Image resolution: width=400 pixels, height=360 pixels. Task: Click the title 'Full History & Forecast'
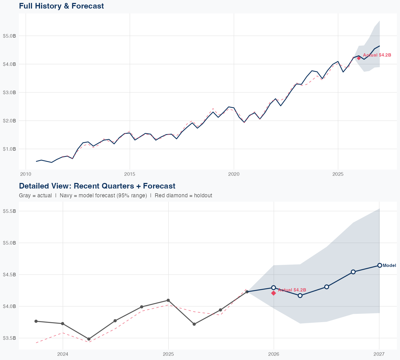(61, 6)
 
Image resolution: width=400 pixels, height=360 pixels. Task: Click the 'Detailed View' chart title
(97, 186)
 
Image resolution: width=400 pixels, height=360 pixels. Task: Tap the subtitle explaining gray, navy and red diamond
(115, 195)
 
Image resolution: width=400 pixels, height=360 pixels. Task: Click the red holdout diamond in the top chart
(359, 58)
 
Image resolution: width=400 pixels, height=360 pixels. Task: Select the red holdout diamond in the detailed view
(273, 293)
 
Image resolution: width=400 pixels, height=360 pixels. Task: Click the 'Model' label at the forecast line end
(389, 265)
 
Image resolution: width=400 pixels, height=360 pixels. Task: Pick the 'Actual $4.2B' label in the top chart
(377, 55)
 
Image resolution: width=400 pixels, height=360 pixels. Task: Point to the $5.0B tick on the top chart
(9, 36)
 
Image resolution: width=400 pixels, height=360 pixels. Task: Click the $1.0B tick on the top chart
(9, 149)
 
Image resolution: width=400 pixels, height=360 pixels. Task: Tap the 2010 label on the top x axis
(26, 174)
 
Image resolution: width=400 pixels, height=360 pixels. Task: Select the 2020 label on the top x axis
(234, 174)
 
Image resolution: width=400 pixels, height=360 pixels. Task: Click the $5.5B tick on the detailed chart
(9, 211)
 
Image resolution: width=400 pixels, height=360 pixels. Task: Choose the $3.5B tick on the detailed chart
(9, 338)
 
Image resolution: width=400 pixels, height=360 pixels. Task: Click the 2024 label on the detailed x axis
(63, 354)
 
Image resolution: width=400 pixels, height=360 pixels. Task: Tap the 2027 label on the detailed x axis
(379, 354)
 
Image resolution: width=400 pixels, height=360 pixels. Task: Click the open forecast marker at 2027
(379, 265)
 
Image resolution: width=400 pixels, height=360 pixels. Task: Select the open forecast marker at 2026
(273, 287)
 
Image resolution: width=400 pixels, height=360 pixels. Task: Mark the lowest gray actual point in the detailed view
(89, 339)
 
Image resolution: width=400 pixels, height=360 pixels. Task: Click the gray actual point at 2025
(168, 300)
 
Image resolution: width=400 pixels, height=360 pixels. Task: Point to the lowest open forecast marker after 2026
(300, 295)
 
